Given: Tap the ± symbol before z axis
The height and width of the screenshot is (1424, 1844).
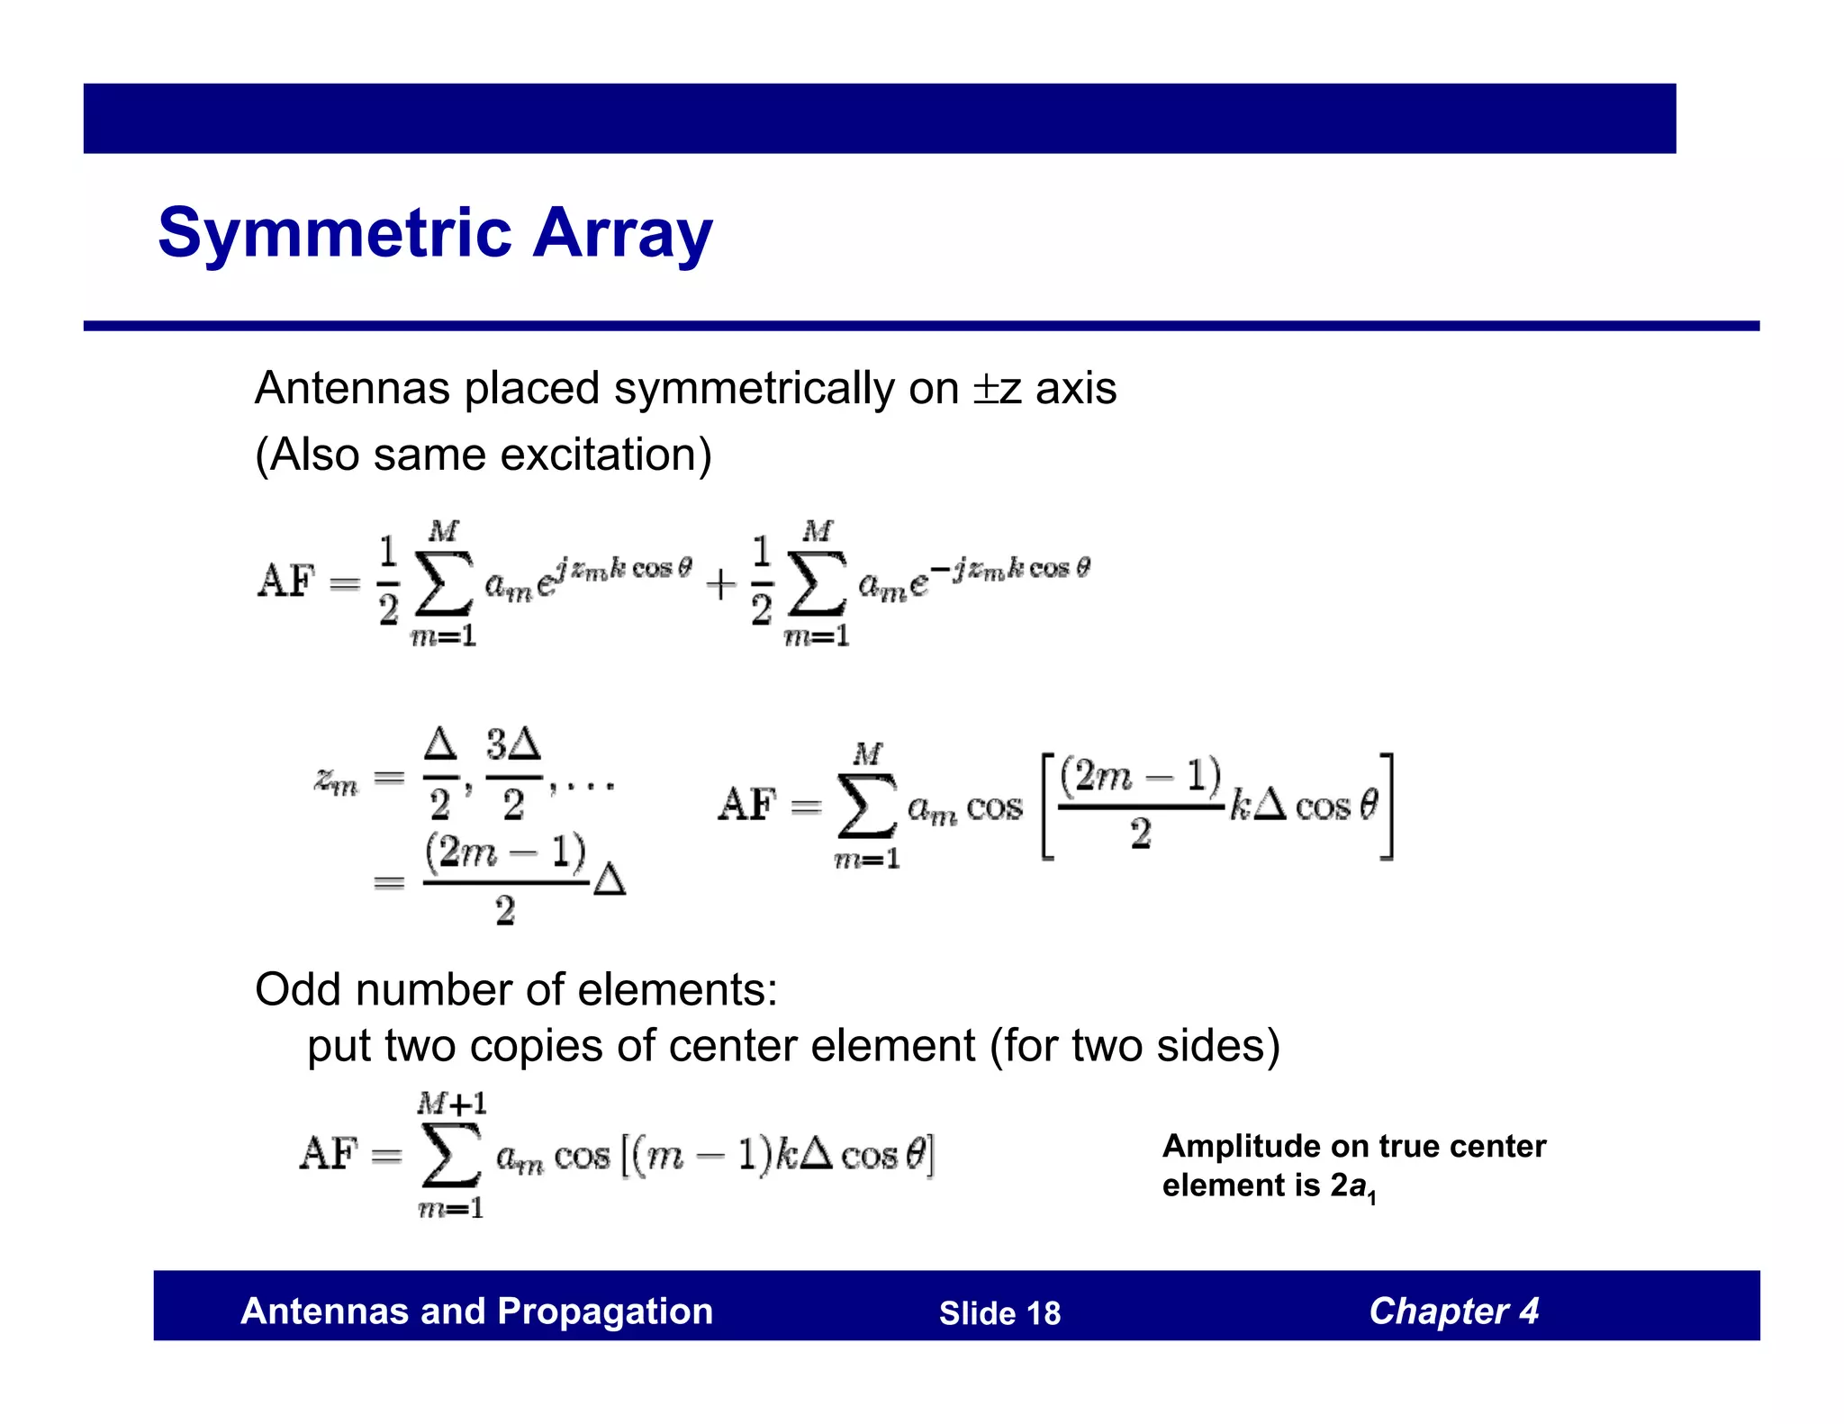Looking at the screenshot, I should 985,390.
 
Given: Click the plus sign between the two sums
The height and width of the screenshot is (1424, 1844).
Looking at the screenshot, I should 720,585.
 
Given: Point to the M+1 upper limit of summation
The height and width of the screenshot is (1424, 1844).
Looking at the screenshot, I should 451,1103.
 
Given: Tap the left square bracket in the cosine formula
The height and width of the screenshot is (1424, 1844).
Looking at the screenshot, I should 1048,807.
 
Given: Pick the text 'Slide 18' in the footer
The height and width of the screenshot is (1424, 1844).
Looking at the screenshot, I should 999,1313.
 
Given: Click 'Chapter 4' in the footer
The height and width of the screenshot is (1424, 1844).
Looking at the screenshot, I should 1453,1311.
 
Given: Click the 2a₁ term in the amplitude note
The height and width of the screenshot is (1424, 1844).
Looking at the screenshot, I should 1351,1187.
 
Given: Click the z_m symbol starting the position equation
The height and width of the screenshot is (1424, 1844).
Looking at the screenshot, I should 336,780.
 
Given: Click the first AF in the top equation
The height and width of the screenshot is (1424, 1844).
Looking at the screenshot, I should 286,581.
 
